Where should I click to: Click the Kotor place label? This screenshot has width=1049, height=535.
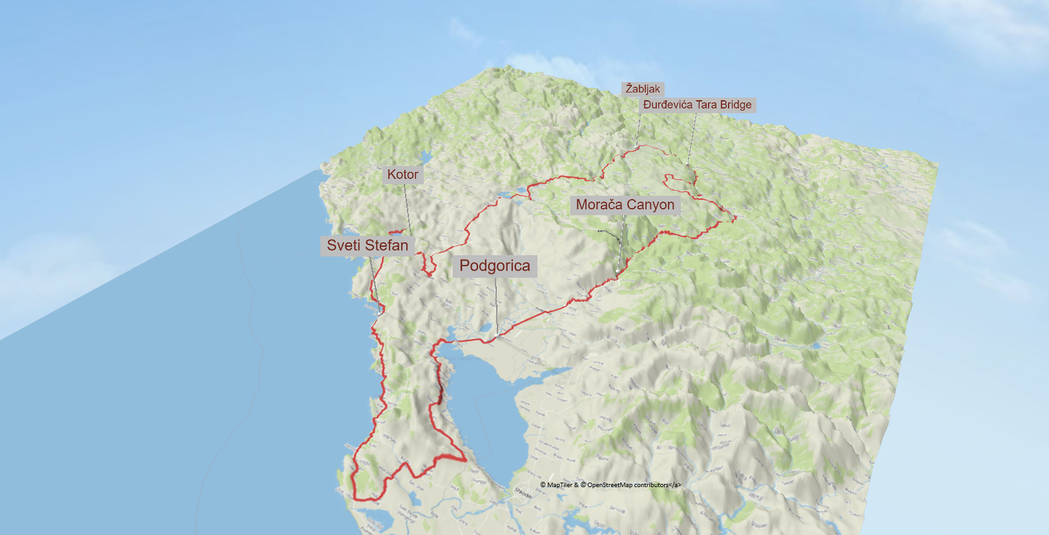tap(403, 174)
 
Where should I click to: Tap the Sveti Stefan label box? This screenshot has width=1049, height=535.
tap(367, 245)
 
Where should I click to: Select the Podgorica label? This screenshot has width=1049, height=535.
tap(494, 266)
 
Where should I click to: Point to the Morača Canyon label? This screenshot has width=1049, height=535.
tap(625, 205)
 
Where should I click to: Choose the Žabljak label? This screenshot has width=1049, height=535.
tap(643, 89)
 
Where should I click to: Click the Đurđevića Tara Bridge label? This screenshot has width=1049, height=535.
tap(697, 105)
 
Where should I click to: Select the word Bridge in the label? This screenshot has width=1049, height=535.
tap(736, 105)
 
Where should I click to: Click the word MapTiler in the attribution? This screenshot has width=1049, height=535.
tap(560, 485)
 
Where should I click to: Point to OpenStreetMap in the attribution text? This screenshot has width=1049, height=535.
tap(610, 485)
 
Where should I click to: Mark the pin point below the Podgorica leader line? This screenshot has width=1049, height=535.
tap(497, 336)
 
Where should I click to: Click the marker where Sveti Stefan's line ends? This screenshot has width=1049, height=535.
tap(379, 313)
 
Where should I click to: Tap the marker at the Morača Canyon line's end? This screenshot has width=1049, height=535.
tap(618, 270)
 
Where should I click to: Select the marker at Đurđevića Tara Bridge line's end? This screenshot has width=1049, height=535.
tap(687, 164)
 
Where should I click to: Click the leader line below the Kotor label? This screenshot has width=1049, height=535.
tap(407, 210)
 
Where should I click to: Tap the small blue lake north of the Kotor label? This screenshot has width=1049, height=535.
tap(424, 158)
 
